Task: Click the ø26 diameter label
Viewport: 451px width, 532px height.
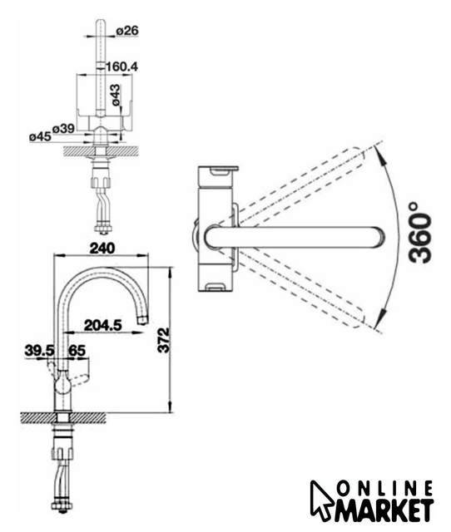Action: (x=127, y=31)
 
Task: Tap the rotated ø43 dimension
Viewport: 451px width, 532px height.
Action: (x=115, y=95)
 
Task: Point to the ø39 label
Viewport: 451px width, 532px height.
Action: (x=63, y=129)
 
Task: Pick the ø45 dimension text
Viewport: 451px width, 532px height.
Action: (x=40, y=136)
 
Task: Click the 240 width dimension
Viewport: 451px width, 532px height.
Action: (x=102, y=248)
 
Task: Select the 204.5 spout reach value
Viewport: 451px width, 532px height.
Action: (x=102, y=325)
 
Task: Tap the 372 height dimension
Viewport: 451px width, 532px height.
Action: (x=164, y=340)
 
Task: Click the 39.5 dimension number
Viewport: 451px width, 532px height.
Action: (x=39, y=351)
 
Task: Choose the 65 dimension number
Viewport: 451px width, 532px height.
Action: (x=77, y=351)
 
